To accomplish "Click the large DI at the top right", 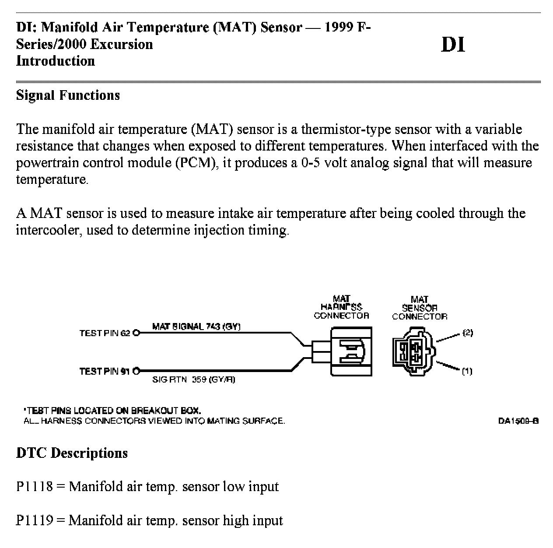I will [453, 45].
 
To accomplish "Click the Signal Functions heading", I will [68, 95].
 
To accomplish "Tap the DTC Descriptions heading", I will [72, 453].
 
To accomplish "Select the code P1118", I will [35, 486].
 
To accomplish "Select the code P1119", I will [35, 520].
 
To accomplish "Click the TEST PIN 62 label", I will [105, 333].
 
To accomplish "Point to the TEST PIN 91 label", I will [105, 371].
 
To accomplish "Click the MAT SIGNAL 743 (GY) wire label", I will [196, 326].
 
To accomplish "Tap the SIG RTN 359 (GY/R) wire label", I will [193, 379].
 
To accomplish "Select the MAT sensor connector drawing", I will [413, 351].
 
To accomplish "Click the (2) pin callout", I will [468, 333].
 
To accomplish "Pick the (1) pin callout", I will [467, 371].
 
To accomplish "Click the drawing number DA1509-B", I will [518, 421].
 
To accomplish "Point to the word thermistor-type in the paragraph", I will [346, 129].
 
